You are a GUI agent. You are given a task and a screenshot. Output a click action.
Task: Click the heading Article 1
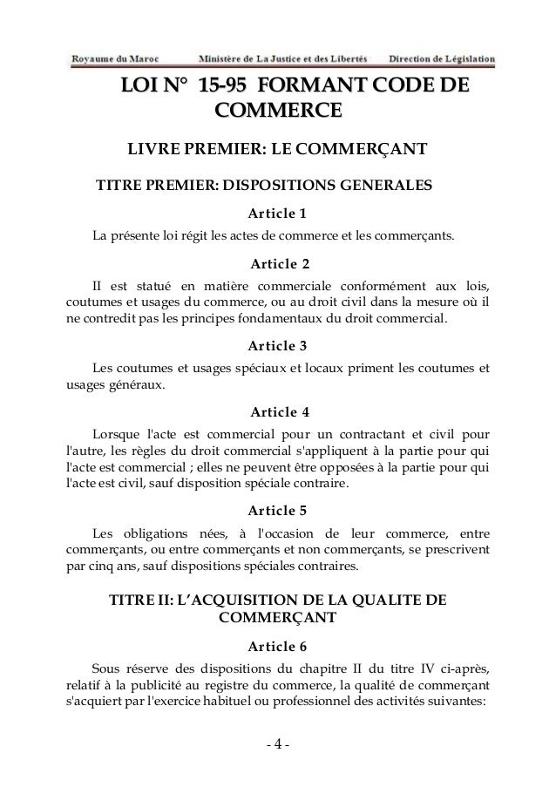click(x=278, y=214)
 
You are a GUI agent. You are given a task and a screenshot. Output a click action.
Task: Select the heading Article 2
click(x=278, y=263)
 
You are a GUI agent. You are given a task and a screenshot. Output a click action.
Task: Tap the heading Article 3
click(x=278, y=346)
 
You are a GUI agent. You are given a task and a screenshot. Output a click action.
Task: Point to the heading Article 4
click(x=278, y=412)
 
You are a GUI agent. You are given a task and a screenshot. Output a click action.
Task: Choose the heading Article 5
click(x=278, y=511)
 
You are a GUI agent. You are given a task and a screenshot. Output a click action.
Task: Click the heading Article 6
click(x=278, y=646)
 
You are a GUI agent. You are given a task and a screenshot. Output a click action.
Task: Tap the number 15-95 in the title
click(x=222, y=86)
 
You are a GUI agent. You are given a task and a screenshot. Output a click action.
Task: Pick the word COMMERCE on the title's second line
click(x=278, y=111)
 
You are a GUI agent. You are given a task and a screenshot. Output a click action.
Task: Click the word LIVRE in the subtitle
click(x=157, y=149)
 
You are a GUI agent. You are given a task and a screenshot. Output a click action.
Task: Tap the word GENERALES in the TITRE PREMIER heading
click(x=386, y=186)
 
